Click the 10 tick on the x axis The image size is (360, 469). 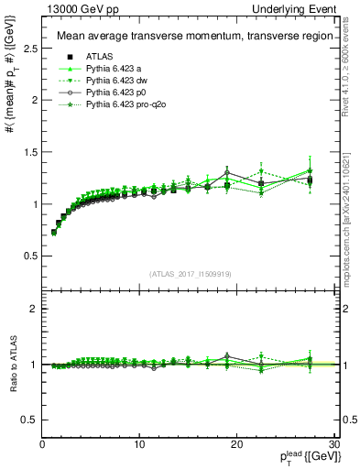[139, 444]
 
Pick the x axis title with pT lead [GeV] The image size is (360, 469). [305, 457]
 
